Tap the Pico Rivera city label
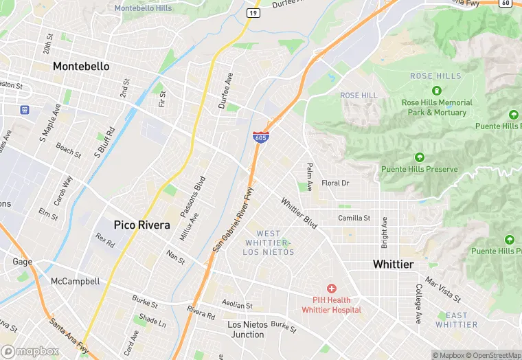[x=141, y=225]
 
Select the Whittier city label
[x=393, y=265]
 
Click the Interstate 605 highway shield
[x=260, y=137]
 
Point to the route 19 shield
[x=253, y=12]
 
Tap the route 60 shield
[x=506, y=3]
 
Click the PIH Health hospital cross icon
[x=331, y=288]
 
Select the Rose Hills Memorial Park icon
[x=436, y=90]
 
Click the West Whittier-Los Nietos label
[x=269, y=243]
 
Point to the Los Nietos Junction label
[x=246, y=329]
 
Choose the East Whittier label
[x=456, y=319]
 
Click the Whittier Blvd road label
[x=299, y=214]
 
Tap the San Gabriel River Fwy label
[x=234, y=219]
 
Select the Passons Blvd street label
[x=193, y=197]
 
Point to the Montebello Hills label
[x=144, y=8]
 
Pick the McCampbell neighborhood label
[x=76, y=281]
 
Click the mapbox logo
[x=30, y=351]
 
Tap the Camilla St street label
[x=354, y=218]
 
